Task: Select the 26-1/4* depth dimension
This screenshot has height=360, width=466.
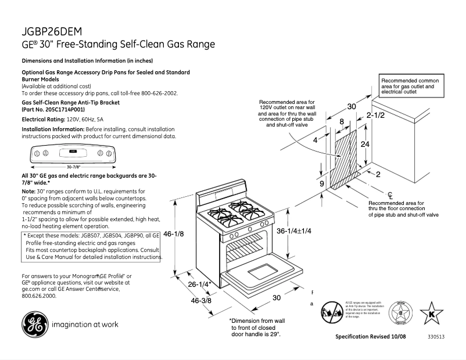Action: (x=199, y=284)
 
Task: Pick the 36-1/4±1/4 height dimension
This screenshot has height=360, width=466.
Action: (x=294, y=231)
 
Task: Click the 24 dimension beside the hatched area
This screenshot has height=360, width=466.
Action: (x=365, y=143)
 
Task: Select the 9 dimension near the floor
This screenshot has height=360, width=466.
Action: (x=321, y=183)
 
